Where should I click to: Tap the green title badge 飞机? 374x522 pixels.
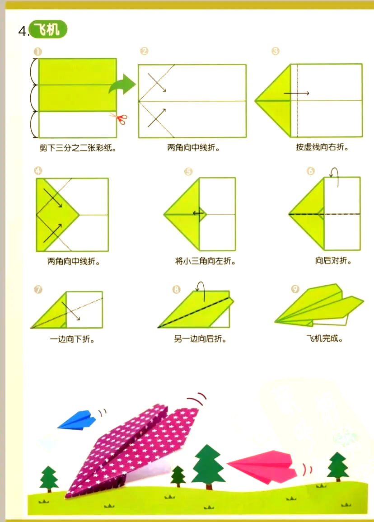[48, 29]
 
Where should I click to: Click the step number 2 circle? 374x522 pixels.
[144, 51]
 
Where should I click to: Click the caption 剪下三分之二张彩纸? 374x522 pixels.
[78, 148]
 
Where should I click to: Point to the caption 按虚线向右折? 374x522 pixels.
[322, 147]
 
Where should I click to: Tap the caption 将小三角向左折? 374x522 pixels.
[206, 261]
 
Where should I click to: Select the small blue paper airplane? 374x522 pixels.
[77, 420]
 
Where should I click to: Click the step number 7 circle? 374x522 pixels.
[38, 289]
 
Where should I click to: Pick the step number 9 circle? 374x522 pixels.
[295, 289]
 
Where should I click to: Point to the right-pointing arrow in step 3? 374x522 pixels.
[296, 94]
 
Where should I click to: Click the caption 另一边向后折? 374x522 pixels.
[200, 339]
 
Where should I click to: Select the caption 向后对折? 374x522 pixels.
[333, 260]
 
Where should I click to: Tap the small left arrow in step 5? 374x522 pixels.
[198, 213]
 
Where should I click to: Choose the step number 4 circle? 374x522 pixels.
[38, 171]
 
